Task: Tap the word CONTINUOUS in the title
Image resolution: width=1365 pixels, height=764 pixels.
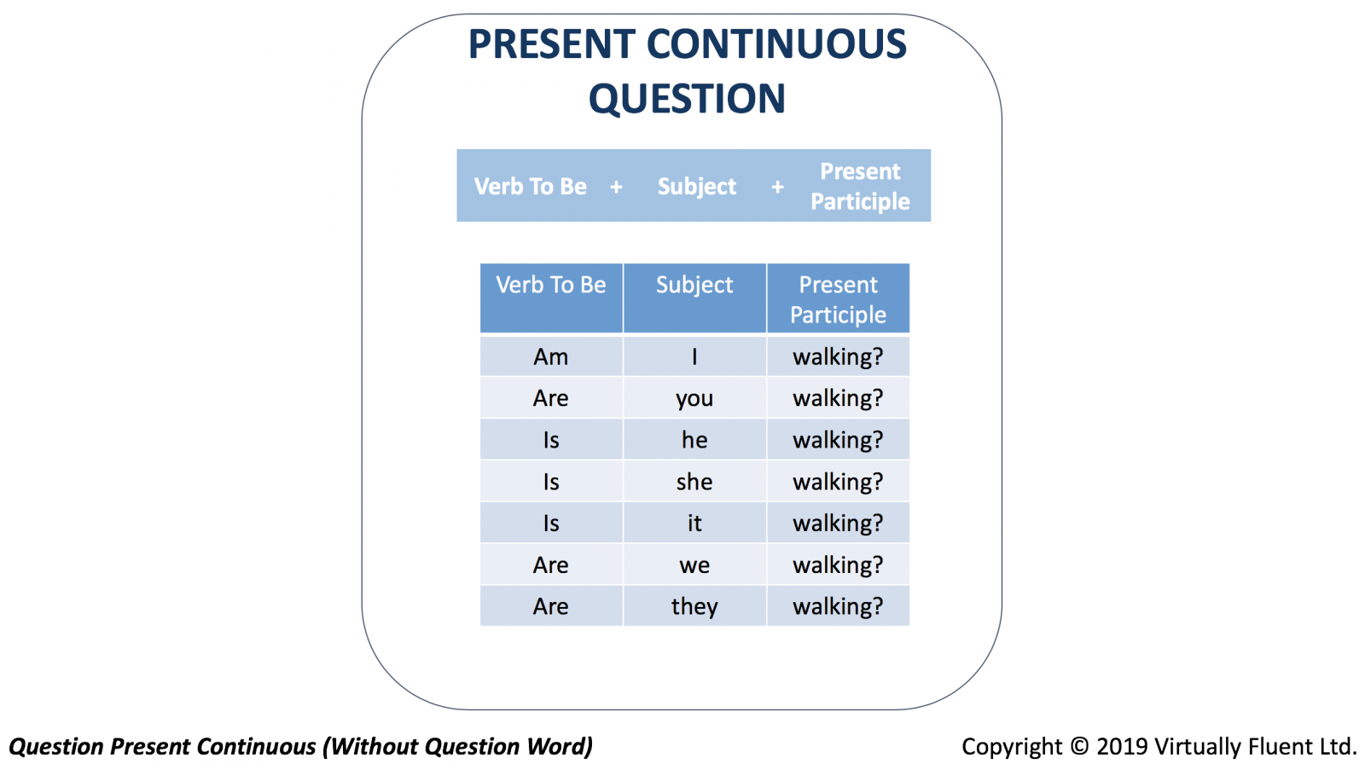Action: [776, 43]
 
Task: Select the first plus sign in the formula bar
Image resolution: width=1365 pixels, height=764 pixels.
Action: [616, 187]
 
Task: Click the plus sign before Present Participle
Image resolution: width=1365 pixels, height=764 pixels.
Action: [777, 187]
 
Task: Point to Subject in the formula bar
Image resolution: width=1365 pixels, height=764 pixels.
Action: [696, 187]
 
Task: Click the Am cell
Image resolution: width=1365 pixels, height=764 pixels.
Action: [551, 356]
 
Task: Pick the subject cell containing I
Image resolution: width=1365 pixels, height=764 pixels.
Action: [694, 356]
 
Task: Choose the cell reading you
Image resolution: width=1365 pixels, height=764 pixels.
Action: [694, 399]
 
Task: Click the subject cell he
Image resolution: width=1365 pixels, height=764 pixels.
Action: [694, 439]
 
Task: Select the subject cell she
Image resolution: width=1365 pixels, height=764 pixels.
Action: [694, 481]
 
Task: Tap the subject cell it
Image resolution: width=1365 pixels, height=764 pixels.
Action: [694, 523]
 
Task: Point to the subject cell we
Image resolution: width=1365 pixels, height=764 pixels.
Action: [694, 565]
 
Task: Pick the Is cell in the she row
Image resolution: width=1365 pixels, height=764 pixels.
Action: [551, 481]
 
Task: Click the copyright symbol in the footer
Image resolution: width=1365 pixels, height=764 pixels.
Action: [1079, 746]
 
